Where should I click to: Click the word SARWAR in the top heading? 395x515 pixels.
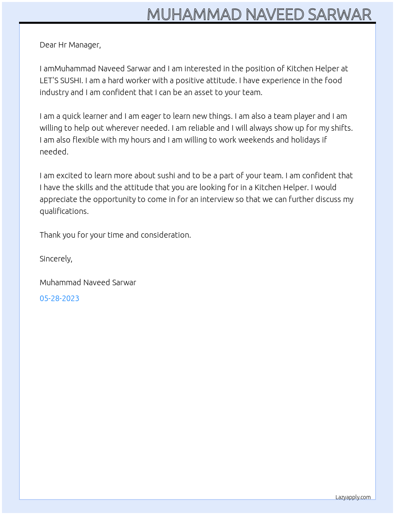(x=339, y=15)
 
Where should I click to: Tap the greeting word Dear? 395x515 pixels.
(x=48, y=45)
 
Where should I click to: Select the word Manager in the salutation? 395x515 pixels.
(x=84, y=45)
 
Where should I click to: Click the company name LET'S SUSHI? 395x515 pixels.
(x=61, y=80)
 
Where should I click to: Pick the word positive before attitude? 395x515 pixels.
(x=189, y=80)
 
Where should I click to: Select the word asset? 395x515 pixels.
(x=203, y=92)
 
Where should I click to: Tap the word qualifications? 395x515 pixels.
(x=64, y=211)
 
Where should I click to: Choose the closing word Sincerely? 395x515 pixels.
(x=56, y=259)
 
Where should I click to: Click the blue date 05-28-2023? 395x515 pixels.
(x=59, y=298)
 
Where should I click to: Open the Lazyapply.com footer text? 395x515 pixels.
(x=353, y=497)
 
